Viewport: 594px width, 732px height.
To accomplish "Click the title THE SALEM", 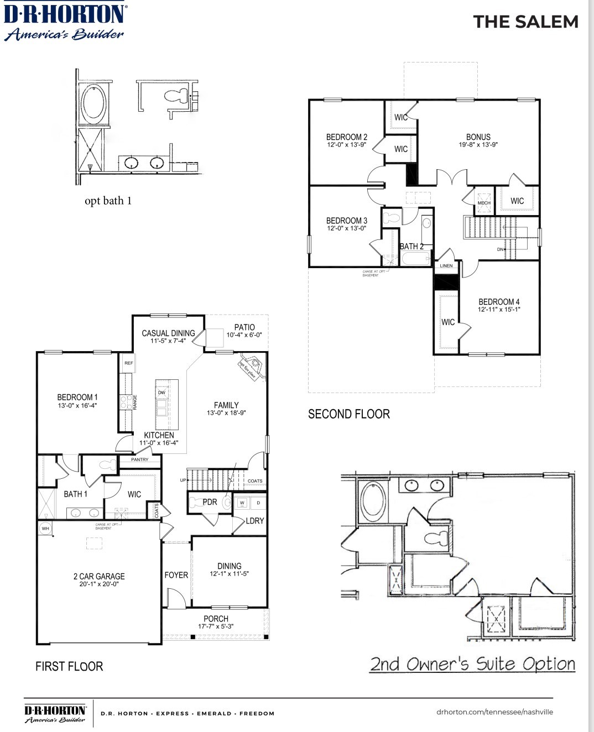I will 525,22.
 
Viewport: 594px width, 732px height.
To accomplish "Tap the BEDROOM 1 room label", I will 77,398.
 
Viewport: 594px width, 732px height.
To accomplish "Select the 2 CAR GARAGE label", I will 99,576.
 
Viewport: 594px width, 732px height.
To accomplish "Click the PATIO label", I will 244,327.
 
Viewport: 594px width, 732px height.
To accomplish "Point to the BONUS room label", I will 478,137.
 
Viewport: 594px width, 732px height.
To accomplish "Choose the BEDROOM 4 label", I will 499,302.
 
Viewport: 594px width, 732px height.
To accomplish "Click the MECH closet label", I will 484,203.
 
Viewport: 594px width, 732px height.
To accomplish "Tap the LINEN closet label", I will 446,266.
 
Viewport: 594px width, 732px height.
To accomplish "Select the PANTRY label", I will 140,459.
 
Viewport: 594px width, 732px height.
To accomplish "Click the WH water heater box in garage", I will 45,529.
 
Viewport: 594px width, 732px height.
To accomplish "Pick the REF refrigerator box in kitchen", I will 128,363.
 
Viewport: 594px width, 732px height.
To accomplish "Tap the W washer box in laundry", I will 242,503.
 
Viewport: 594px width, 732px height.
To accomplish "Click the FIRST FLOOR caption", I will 69,666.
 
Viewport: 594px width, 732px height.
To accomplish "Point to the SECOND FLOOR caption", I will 348,414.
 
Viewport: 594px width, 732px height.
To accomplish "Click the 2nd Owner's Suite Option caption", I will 472,664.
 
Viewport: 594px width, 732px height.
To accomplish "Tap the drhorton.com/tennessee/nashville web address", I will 494,712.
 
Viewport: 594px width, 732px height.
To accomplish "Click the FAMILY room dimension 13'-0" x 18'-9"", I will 226,413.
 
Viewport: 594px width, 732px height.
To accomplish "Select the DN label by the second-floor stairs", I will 500,249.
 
